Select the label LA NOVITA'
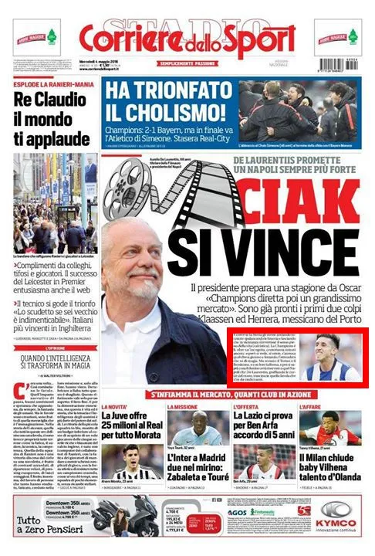coord(115,406)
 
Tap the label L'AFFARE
coord(311,406)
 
